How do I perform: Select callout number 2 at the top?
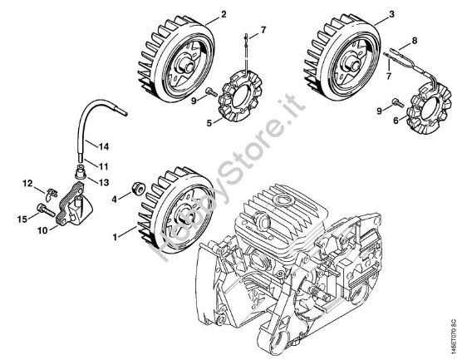(x=200, y=15)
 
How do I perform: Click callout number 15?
(x=23, y=219)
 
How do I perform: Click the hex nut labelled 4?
(x=135, y=187)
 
